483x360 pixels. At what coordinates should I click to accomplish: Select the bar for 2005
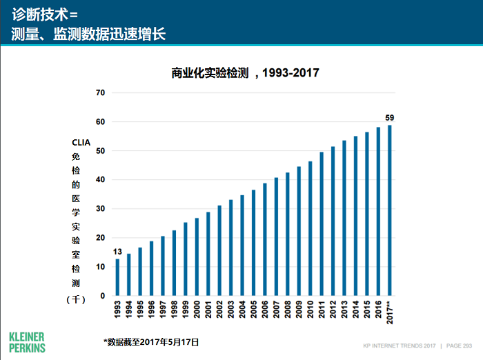pyautogui.click(x=253, y=243)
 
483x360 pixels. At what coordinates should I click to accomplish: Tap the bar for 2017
pyautogui.click(x=390, y=210)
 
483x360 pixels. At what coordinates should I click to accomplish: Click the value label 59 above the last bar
pyautogui.click(x=390, y=117)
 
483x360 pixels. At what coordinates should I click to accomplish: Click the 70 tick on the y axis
pyautogui.click(x=100, y=92)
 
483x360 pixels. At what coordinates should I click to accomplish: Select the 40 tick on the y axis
pyautogui.click(x=100, y=180)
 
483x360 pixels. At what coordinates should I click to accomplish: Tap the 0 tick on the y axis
pyautogui.click(x=103, y=296)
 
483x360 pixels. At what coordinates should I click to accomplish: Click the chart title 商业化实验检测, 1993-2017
pyautogui.click(x=245, y=72)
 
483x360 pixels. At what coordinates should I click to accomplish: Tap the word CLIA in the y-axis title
pyautogui.click(x=81, y=143)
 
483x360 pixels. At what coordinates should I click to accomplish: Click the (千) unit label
pyautogui.click(x=76, y=299)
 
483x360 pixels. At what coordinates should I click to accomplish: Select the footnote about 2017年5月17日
pyautogui.click(x=151, y=341)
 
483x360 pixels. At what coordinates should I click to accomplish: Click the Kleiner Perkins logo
pyautogui.click(x=28, y=342)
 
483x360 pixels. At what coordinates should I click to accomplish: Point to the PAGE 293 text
pyautogui.click(x=459, y=345)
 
